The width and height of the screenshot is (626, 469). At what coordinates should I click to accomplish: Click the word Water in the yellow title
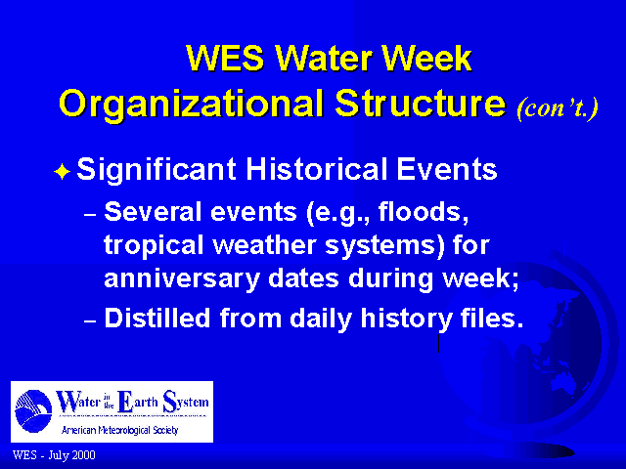pyautogui.click(x=325, y=59)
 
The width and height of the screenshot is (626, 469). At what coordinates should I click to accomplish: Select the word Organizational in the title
pyautogui.click(x=192, y=105)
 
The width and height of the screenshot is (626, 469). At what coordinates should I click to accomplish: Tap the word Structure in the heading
pyautogui.click(x=421, y=103)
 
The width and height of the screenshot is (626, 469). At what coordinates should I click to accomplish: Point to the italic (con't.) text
pyautogui.click(x=558, y=107)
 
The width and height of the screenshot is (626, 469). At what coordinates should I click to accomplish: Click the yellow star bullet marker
pyautogui.click(x=62, y=172)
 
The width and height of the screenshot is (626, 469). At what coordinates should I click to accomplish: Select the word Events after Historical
pyautogui.click(x=446, y=169)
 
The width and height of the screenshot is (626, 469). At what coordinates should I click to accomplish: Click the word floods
pyautogui.click(x=424, y=211)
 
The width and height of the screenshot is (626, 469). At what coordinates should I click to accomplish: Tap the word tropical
pyautogui.click(x=154, y=245)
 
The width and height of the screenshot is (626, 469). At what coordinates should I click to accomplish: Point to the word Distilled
pyautogui.click(x=156, y=318)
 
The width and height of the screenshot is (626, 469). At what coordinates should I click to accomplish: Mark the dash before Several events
pyautogui.click(x=90, y=215)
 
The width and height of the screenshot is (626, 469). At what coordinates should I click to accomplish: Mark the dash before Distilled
pyautogui.click(x=90, y=321)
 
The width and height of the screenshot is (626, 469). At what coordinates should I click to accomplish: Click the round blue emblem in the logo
pyautogui.click(x=33, y=410)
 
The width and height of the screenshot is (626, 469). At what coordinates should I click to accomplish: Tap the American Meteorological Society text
pyautogui.click(x=119, y=430)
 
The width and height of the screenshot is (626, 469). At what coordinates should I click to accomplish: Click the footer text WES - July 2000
pyautogui.click(x=54, y=455)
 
